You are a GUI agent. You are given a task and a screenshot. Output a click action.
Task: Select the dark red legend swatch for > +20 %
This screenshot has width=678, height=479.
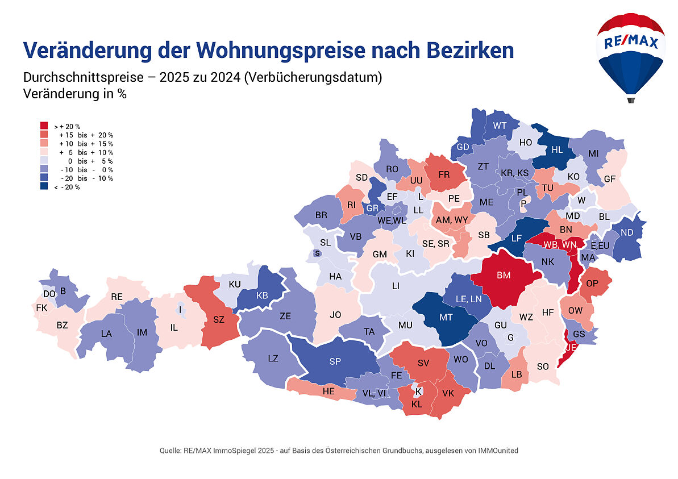point(44,126)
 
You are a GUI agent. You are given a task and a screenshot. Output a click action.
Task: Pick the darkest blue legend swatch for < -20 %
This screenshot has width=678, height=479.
point(44,187)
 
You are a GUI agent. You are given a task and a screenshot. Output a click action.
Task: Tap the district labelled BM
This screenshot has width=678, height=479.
point(504,276)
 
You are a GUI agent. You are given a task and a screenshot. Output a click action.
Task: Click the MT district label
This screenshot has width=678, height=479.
point(446,318)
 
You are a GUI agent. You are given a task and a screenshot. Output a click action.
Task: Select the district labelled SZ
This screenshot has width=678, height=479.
point(219,320)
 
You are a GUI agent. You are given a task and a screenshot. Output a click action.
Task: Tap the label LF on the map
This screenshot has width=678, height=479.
point(516,238)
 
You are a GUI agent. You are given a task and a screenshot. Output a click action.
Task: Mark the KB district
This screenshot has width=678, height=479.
point(262,295)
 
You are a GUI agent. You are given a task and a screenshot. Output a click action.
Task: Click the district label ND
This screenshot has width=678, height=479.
point(627,233)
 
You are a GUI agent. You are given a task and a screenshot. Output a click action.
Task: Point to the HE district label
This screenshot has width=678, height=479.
point(328,391)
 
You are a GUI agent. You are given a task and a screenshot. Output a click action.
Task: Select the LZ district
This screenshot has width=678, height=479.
point(273,359)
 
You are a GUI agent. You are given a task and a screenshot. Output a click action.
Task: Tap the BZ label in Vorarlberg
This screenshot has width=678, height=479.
point(62,326)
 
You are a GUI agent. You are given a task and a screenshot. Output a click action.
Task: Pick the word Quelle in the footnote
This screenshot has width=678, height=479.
point(170,451)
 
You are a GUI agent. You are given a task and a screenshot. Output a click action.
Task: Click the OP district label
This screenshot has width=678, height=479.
point(592,284)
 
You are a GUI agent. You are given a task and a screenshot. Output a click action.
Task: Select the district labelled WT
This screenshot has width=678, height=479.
point(500,126)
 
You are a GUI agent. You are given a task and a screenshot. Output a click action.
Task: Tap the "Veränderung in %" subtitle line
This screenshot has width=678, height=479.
point(74,94)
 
